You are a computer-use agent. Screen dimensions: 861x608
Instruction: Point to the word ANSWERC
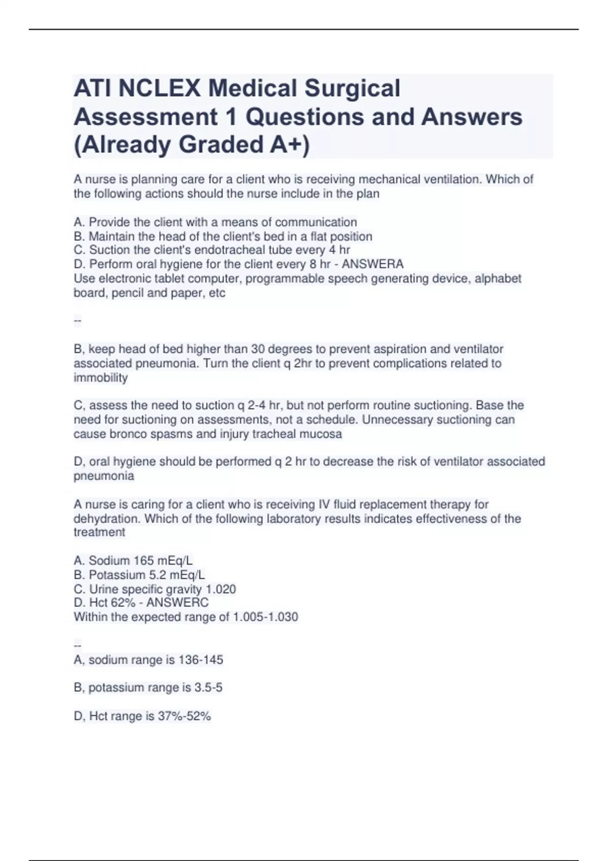[177, 603]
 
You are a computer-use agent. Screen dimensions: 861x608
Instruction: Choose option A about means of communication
[215, 222]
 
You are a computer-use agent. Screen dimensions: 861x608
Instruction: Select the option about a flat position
[223, 237]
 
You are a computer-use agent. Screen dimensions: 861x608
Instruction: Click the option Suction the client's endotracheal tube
[212, 250]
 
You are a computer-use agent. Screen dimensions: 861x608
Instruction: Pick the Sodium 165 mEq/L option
[133, 561]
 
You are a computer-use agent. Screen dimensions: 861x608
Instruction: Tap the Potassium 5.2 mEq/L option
[139, 575]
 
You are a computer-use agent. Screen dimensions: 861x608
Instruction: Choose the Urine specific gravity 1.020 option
[155, 589]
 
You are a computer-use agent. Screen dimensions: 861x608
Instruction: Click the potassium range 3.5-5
[208, 688]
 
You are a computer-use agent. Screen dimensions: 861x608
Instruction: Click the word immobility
[101, 378]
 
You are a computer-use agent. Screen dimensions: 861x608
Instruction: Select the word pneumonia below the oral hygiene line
[104, 476]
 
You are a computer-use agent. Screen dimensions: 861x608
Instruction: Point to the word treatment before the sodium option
[99, 532]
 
